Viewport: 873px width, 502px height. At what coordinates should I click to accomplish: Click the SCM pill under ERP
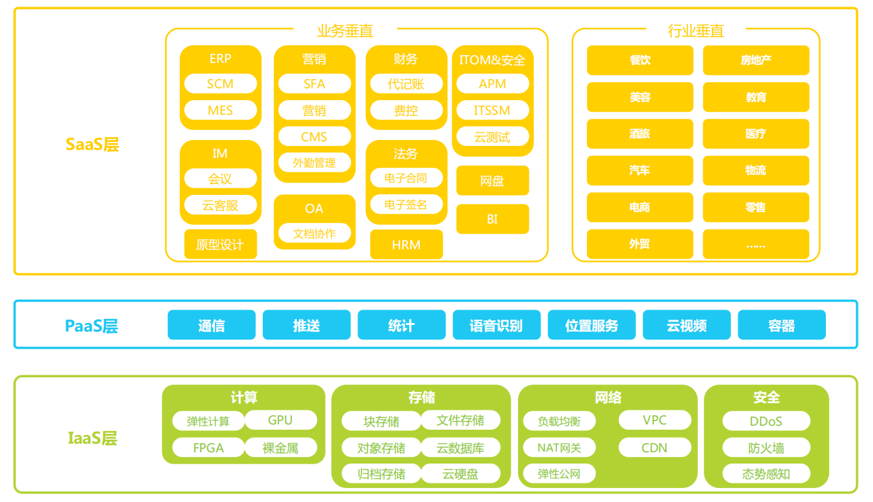pos(220,84)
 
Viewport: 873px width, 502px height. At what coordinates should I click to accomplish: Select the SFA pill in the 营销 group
pos(314,84)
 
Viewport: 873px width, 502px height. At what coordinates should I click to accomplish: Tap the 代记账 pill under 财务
pos(406,84)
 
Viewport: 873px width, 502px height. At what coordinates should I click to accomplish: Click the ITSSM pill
pos(492,111)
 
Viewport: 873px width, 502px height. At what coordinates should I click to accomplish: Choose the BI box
pos(492,219)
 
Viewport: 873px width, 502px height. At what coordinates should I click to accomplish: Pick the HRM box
pos(406,245)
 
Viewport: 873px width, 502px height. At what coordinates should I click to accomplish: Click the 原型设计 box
pos(220,245)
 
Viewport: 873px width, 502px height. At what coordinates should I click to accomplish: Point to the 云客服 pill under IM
pos(220,206)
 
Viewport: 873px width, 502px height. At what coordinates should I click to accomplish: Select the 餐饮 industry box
pos(639,60)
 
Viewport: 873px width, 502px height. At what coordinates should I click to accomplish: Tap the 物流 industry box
pos(756,170)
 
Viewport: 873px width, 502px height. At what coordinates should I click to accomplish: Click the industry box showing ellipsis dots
pos(756,244)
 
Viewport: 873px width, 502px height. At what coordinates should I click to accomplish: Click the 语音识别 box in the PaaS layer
pos(496,326)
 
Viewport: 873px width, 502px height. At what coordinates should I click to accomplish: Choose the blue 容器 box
pos(781,326)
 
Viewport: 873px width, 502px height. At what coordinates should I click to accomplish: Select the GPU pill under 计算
pos(280,420)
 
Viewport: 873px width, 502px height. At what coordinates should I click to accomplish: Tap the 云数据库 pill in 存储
pos(460,448)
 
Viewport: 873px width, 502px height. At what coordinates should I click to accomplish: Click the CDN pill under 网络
pos(655,448)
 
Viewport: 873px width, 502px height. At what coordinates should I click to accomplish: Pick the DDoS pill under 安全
pos(766,421)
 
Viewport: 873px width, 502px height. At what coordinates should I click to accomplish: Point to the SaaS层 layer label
pos(92,145)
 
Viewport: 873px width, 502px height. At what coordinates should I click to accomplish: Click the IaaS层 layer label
pos(92,438)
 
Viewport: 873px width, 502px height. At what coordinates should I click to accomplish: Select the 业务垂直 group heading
pos(345,31)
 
